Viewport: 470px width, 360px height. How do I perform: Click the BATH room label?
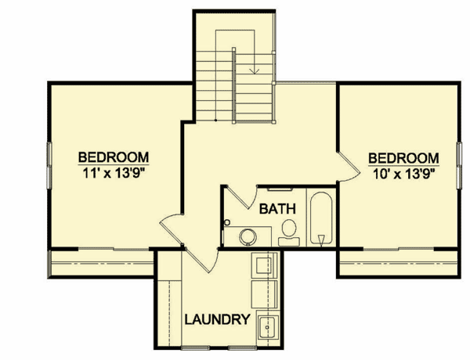pos(277,209)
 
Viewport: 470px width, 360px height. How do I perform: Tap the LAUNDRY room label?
pos(218,319)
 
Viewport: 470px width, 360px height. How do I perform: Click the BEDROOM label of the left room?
pos(114,155)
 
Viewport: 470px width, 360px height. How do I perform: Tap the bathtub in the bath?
pos(321,221)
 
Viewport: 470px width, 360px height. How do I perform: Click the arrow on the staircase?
pos(254,70)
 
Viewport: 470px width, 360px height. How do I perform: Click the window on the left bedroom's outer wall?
pos(49,165)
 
